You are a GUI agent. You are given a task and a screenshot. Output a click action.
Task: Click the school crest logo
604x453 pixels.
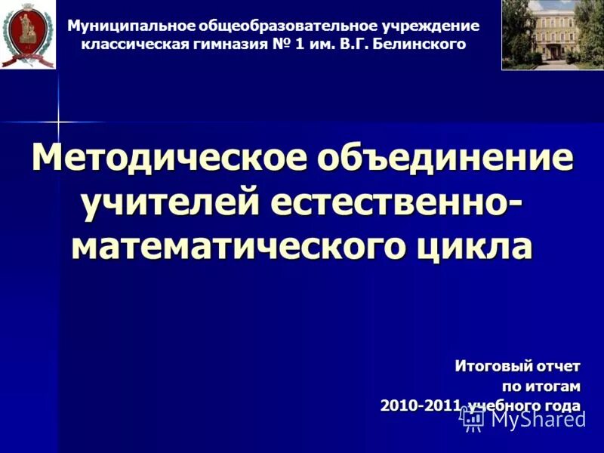[x=28, y=35]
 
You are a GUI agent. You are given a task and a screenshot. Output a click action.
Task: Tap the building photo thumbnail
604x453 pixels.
[x=552, y=35]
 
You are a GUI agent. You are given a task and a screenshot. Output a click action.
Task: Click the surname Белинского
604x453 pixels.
[x=421, y=45]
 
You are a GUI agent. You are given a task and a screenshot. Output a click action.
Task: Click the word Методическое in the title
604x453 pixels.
[x=171, y=159]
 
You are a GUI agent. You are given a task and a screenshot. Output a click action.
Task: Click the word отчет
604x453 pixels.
[x=558, y=366]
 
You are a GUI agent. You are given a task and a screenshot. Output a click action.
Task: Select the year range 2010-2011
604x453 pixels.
[x=421, y=405]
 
